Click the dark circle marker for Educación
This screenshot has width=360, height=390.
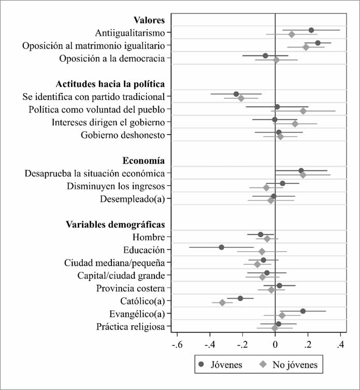(x=221, y=247)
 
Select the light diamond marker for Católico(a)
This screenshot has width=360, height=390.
(x=223, y=302)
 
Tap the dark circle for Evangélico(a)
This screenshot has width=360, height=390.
(x=303, y=311)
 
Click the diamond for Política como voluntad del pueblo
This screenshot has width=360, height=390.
(x=303, y=111)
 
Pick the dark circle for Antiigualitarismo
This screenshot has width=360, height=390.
(x=311, y=31)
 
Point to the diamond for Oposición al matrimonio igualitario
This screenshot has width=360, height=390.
(x=306, y=47)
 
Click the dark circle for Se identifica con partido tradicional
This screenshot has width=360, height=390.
(x=236, y=94)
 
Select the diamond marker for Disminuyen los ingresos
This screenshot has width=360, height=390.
(x=266, y=187)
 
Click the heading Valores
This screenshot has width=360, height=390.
(x=149, y=21)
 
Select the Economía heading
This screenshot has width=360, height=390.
(x=143, y=160)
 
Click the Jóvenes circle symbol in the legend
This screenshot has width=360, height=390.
(x=201, y=365)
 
